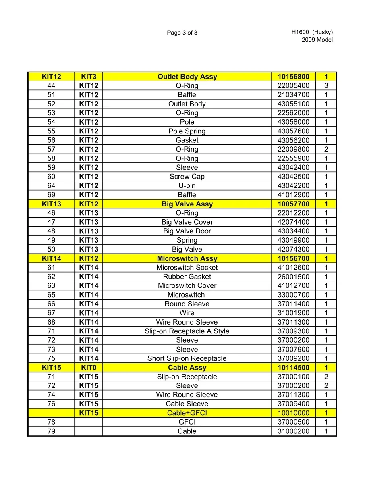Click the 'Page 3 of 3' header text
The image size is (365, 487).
click(x=182, y=33)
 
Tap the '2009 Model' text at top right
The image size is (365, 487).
click(x=317, y=40)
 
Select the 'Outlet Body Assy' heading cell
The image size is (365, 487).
click(x=187, y=77)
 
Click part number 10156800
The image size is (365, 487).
click(x=293, y=77)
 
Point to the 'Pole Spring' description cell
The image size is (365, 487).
click(x=187, y=131)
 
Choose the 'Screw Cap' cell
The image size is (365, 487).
click(x=187, y=177)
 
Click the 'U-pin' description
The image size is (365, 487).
click(x=187, y=186)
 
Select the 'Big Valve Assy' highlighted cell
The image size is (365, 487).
click(x=187, y=204)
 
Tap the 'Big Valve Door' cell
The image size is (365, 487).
click(x=187, y=231)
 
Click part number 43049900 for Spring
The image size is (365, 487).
click(x=293, y=240)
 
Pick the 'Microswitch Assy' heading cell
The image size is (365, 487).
click(x=187, y=258)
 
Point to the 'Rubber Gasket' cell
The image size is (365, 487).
click(x=187, y=277)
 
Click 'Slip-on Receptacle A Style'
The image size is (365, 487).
click(x=187, y=331)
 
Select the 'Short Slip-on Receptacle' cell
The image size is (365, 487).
click(x=187, y=358)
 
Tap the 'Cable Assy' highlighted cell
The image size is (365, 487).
click(x=187, y=368)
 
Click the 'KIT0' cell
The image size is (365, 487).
click(x=89, y=368)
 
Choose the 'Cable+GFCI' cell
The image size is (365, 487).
click(x=187, y=413)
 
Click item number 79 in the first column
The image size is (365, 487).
click(x=51, y=431)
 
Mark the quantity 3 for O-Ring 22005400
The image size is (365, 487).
click(x=326, y=85)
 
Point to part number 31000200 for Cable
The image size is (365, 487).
click(x=293, y=431)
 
